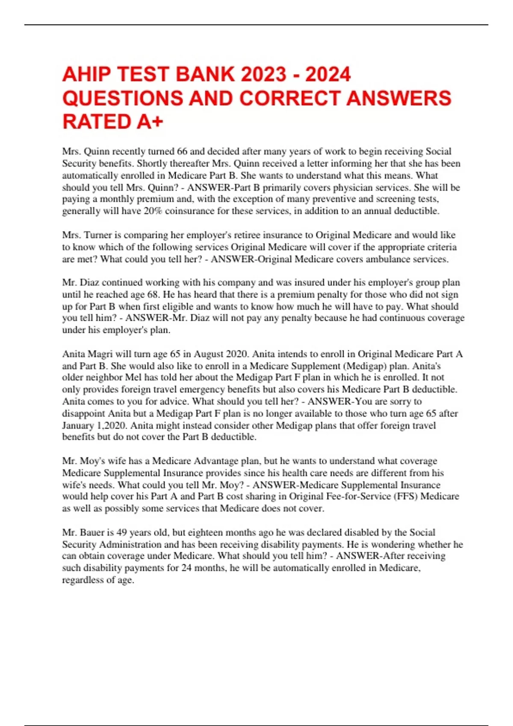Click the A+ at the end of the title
click(150, 122)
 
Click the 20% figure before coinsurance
click(153, 211)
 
